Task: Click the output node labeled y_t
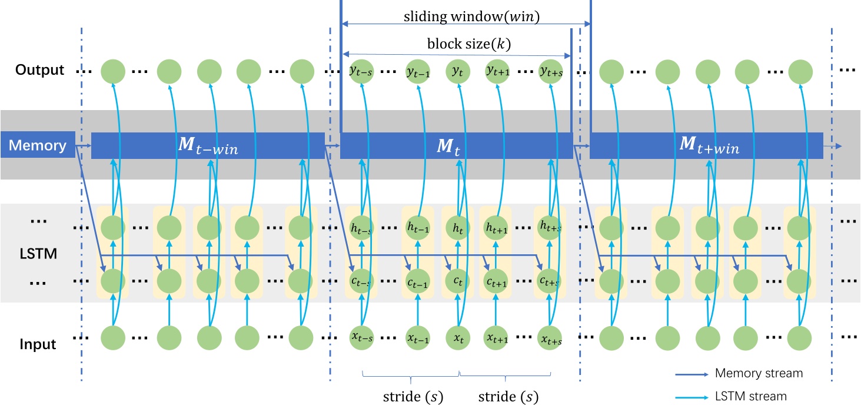click(457, 71)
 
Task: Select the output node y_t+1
click(496, 71)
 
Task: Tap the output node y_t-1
click(418, 71)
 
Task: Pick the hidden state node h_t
click(457, 226)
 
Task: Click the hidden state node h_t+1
click(496, 226)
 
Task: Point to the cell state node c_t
click(457, 280)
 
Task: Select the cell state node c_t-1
click(418, 280)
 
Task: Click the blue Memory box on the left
click(38, 145)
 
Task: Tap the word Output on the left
click(39, 70)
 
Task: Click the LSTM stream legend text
click(750, 396)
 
